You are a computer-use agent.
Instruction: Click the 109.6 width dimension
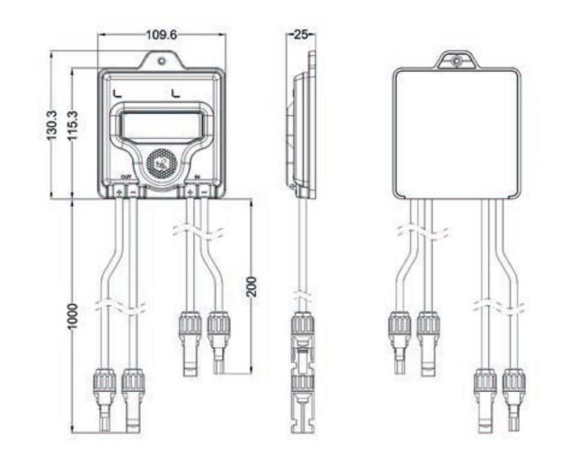(x=161, y=35)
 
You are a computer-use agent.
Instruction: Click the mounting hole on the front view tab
(x=162, y=61)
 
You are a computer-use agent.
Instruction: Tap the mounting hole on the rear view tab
(x=456, y=62)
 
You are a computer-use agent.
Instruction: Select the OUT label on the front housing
(x=125, y=179)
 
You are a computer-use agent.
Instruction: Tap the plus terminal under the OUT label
(x=119, y=190)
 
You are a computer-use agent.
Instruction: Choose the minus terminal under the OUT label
(x=133, y=190)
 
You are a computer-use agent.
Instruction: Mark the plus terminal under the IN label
(x=189, y=190)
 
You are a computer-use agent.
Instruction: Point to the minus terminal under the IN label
(x=203, y=190)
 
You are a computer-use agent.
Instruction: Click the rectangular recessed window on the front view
(x=161, y=124)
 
